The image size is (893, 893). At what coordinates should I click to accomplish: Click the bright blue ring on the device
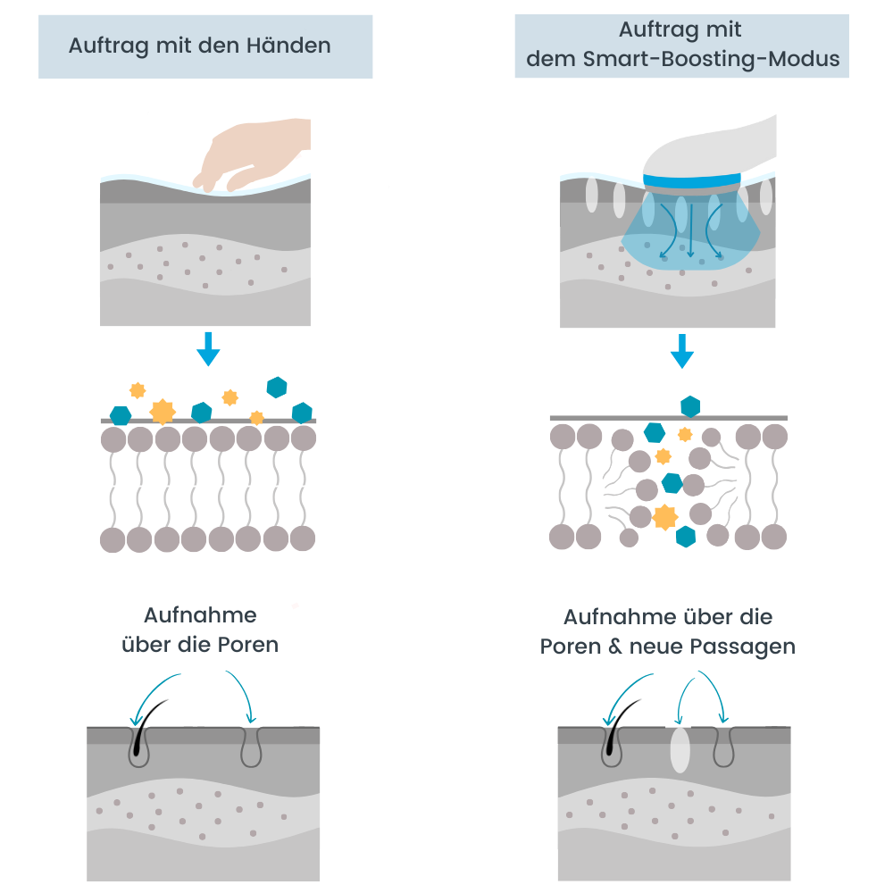pyautogui.click(x=692, y=181)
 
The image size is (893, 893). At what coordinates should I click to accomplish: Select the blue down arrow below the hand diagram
pyautogui.click(x=208, y=348)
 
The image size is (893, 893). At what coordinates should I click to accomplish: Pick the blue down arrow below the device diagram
pyautogui.click(x=682, y=351)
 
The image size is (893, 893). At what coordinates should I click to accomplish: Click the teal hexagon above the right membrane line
pyautogui.click(x=690, y=406)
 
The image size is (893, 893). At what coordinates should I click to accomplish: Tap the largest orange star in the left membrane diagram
pyautogui.click(x=163, y=412)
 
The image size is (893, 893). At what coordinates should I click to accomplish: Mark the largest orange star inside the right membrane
pyautogui.click(x=664, y=516)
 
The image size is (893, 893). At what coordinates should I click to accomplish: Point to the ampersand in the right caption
pyautogui.click(x=615, y=647)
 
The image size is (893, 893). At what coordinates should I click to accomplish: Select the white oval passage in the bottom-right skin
pyautogui.click(x=680, y=750)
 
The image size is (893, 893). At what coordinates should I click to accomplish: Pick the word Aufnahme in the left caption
pyautogui.click(x=200, y=615)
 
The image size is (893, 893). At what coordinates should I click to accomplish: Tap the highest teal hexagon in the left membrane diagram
pyautogui.click(x=277, y=387)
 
